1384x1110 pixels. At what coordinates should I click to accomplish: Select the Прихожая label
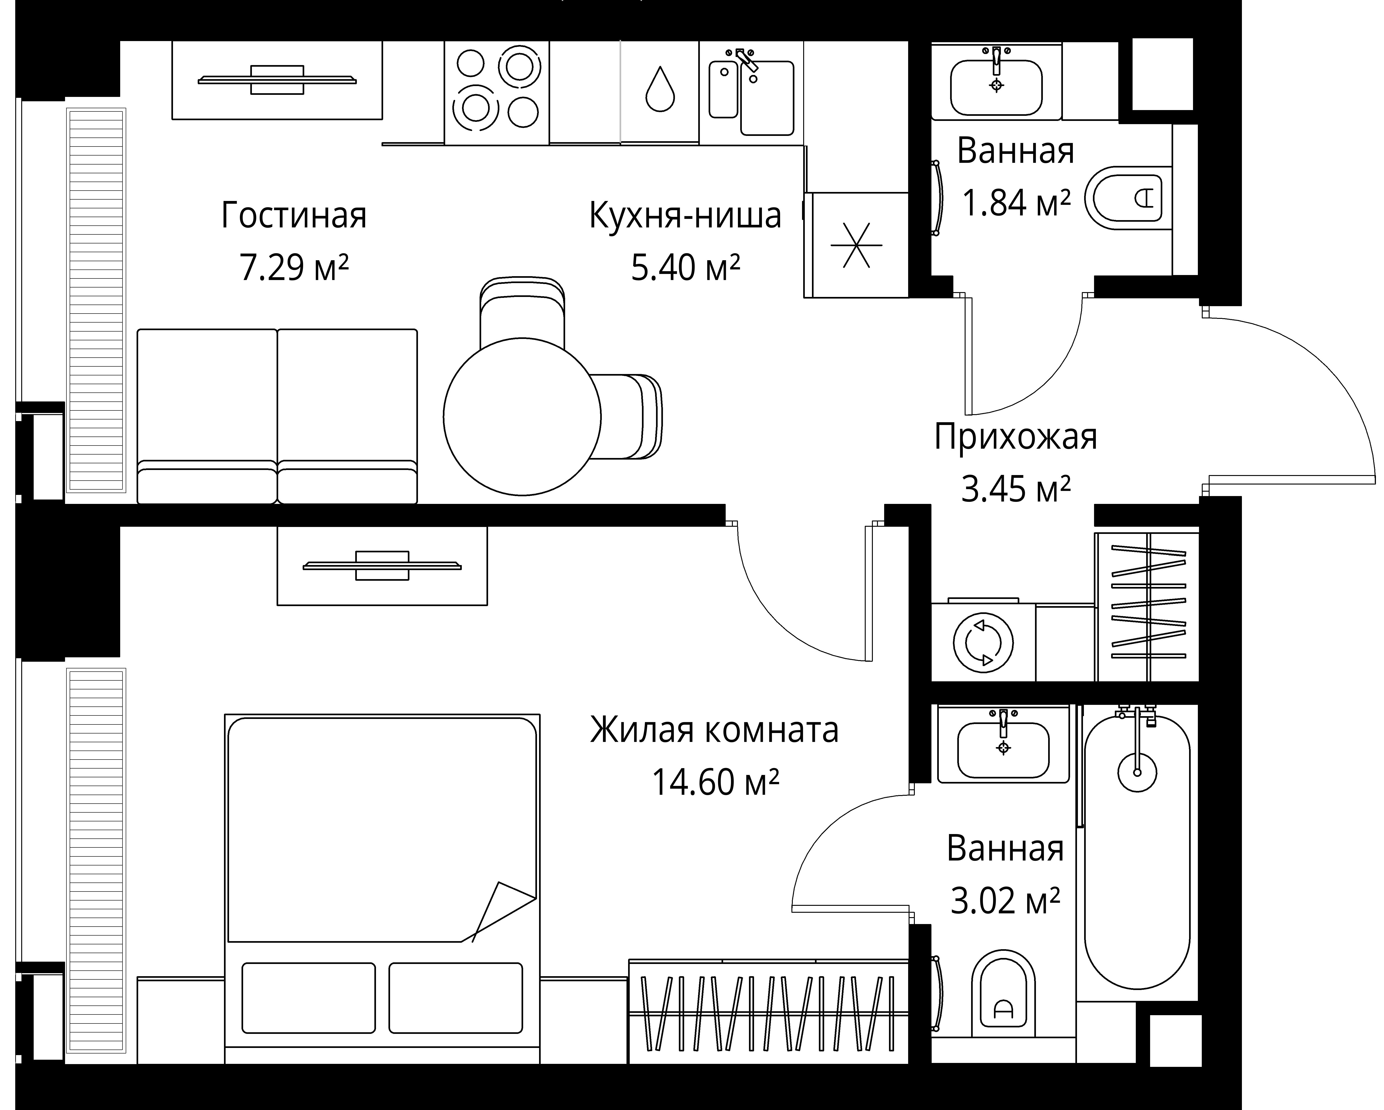(1016, 437)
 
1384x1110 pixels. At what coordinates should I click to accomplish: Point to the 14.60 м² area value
(715, 782)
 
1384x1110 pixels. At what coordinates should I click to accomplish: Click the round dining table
(522, 417)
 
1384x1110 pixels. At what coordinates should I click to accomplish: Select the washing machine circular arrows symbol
(983, 643)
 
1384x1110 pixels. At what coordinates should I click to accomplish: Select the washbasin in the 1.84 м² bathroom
(996, 87)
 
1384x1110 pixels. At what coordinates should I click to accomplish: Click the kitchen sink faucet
(746, 60)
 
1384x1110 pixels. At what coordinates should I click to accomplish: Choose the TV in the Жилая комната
(382, 565)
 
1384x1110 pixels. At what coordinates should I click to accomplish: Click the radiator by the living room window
(96, 301)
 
